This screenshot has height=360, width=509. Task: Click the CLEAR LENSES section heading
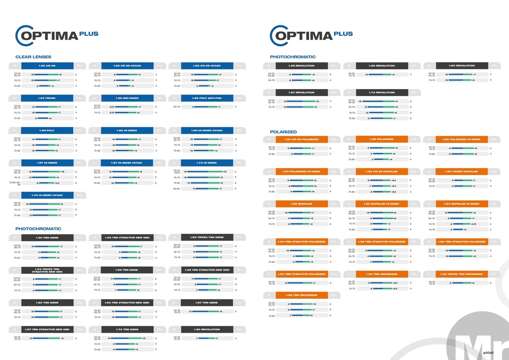[x=33, y=57]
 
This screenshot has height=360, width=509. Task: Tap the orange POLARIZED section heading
[x=283, y=132]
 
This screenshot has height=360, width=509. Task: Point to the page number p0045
[x=488, y=353]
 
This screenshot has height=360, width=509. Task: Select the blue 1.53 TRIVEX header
[x=47, y=98]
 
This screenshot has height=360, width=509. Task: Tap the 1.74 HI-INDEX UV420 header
[x=47, y=195]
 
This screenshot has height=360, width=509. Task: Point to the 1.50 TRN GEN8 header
[x=47, y=237]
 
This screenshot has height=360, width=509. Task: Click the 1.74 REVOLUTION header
[x=381, y=92]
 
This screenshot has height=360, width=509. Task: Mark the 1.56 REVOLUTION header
[x=302, y=66]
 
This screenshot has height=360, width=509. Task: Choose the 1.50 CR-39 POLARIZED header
[x=302, y=139]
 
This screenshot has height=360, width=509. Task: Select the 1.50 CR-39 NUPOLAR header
[x=381, y=172]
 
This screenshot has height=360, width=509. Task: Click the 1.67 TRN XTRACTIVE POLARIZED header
[x=302, y=274]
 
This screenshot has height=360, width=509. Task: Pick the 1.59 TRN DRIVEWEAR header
[x=302, y=295]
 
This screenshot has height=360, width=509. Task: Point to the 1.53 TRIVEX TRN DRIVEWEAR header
[x=461, y=274]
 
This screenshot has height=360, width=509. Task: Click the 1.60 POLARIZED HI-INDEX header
[x=461, y=139]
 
